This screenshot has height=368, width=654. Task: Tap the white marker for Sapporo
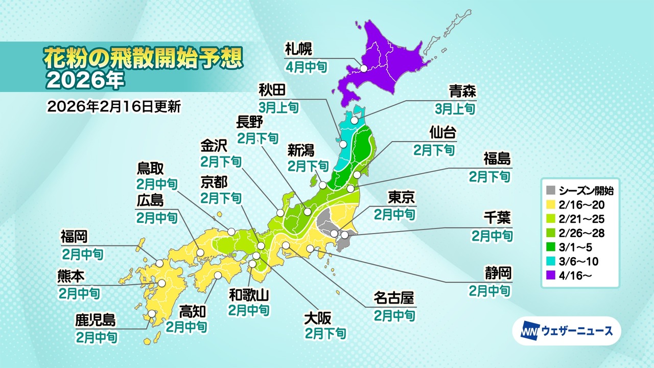pos(364,68)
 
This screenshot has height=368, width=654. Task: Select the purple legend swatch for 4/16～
pos(551,275)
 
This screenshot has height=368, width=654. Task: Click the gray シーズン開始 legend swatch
pos(551,191)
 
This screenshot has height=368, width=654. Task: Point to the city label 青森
pos(462,91)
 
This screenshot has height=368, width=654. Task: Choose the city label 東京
pos(401,197)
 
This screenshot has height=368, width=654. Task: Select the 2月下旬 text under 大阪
pos(325,334)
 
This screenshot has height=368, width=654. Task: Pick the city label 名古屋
pos(393,298)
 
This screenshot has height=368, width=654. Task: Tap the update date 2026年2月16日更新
pos(113,107)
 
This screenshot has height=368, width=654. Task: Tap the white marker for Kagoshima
pos(152,314)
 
